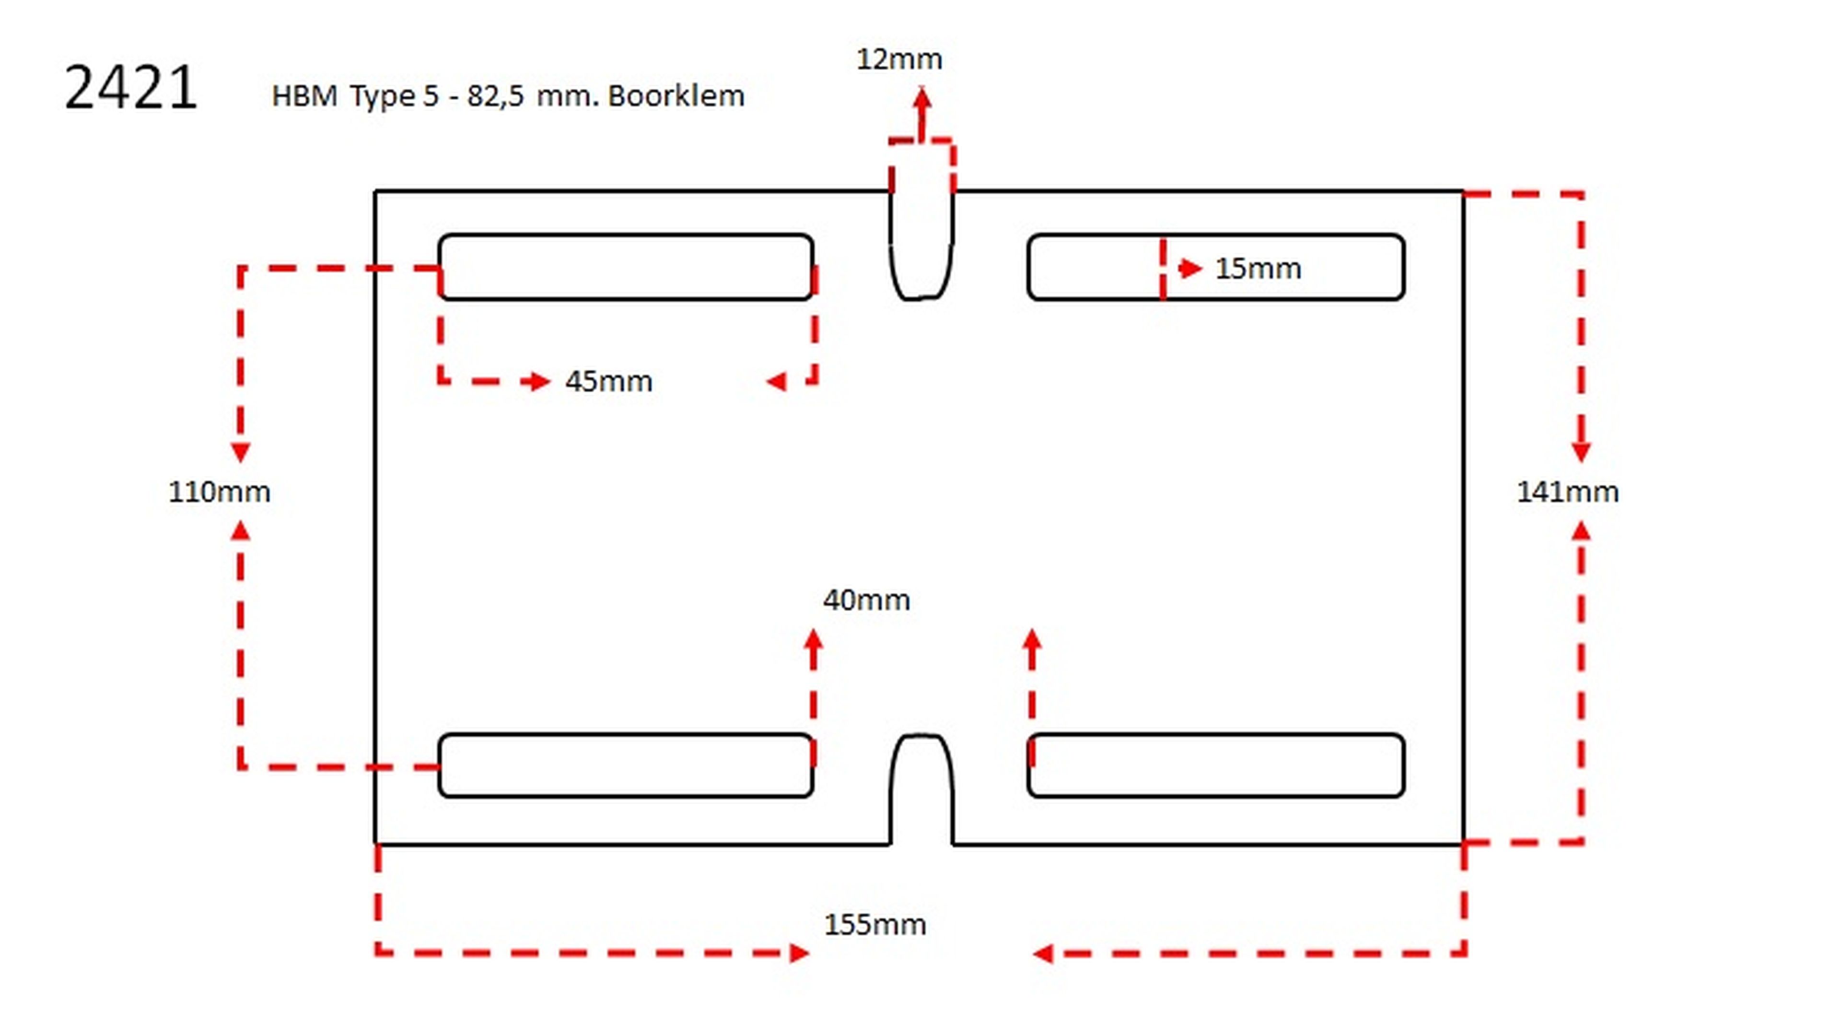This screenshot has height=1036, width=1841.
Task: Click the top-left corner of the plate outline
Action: tap(376, 192)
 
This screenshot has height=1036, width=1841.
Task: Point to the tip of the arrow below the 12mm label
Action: tap(922, 88)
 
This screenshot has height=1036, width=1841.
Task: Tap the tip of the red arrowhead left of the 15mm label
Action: tap(1203, 268)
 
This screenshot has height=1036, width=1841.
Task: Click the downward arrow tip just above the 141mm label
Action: tap(1581, 462)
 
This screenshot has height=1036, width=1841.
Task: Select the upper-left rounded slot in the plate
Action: tap(626, 267)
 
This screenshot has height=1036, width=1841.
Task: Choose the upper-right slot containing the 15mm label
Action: tap(1216, 267)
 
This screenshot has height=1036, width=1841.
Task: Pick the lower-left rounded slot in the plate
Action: tap(626, 765)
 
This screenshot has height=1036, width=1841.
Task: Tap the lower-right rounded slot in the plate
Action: tap(1216, 765)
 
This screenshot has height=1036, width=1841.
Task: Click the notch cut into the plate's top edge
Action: tap(922, 245)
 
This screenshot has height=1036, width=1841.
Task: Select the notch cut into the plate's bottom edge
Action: tap(922, 789)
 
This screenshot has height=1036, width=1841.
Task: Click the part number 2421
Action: tap(131, 87)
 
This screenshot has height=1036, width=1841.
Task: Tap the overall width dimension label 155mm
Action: tap(875, 924)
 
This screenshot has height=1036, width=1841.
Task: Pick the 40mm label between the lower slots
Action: tap(867, 600)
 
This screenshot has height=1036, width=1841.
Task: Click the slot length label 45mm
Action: tap(609, 381)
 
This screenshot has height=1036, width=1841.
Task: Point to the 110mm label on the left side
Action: tap(220, 492)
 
